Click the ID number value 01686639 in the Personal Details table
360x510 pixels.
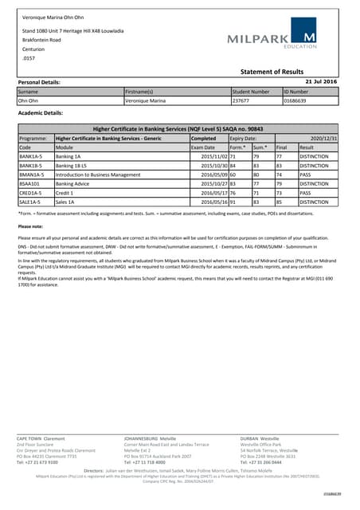point(297,101)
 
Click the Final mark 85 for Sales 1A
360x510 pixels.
point(280,202)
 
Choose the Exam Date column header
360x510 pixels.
point(204,147)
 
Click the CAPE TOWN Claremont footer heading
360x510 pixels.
point(41,437)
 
